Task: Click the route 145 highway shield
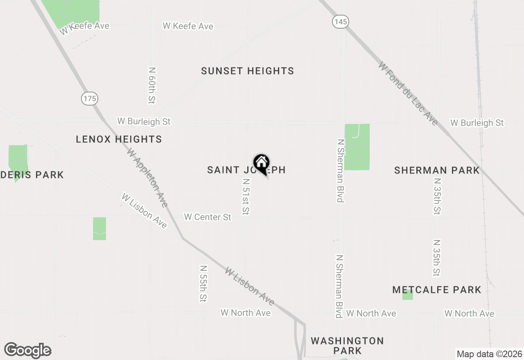click(x=341, y=22)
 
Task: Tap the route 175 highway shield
click(x=89, y=98)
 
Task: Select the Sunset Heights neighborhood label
click(x=247, y=71)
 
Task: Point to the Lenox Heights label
click(x=119, y=139)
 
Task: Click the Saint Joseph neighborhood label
click(x=229, y=170)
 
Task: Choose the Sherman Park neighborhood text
click(x=436, y=170)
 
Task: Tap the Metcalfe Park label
click(x=436, y=290)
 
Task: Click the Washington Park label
click(x=347, y=346)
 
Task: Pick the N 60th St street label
click(x=152, y=85)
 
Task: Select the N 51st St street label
click(x=246, y=197)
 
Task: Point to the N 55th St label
click(x=203, y=283)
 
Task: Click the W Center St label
click(x=208, y=217)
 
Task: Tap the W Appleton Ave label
click(x=147, y=178)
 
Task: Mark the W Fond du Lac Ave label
click(x=408, y=94)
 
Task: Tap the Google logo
click(x=28, y=351)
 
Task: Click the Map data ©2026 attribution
click(x=489, y=354)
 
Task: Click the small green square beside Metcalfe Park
click(x=407, y=295)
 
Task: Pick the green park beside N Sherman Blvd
click(x=357, y=147)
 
